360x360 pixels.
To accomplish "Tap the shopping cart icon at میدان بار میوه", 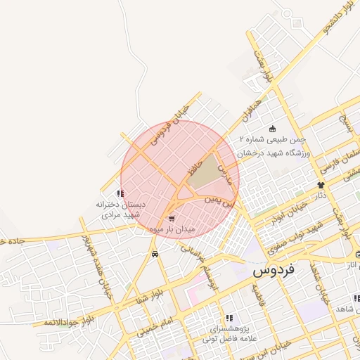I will tap(172, 219).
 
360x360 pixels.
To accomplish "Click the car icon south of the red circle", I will tap(155, 253).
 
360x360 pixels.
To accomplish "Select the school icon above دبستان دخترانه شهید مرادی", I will tap(121, 193).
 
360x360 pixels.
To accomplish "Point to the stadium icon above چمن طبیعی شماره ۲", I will tap(273, 129).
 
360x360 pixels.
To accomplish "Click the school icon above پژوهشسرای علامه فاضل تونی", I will tap(229, 318).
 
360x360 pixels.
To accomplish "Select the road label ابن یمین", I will tap(217, 200).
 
